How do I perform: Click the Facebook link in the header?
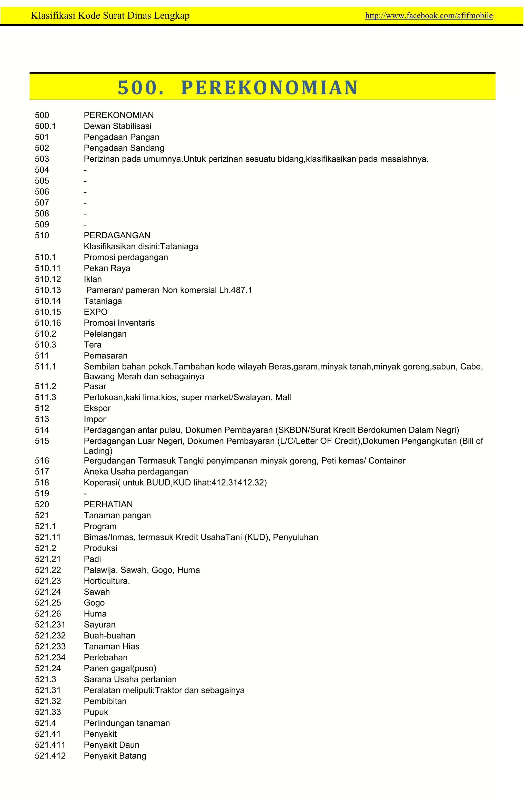429,15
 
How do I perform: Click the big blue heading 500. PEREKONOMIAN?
237,88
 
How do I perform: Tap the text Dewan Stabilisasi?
117,126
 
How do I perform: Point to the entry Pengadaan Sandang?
124,148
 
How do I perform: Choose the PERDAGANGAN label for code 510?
117,235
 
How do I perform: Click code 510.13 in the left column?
48,290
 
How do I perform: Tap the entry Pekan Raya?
107,268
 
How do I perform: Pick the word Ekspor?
97,408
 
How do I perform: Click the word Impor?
95,419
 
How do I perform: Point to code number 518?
42,482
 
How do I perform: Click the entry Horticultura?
107,581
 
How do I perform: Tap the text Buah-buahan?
109,635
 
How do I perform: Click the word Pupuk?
96,712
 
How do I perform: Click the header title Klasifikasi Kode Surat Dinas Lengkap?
110,15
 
